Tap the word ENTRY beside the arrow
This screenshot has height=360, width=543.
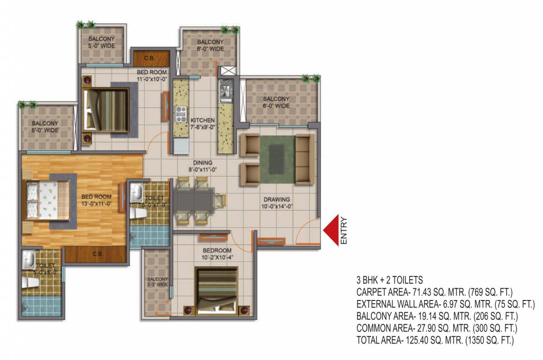tap(344, 230)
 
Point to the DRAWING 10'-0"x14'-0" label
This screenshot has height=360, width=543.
tap(276, 202)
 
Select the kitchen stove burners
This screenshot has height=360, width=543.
tap(180, 113)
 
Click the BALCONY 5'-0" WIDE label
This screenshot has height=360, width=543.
tap(101, 42)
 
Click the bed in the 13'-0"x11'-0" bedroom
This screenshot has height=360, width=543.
tap(47, 200)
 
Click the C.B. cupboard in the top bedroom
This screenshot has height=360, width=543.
tap(149, 59)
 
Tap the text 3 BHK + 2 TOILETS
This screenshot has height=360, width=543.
tap(389, 280)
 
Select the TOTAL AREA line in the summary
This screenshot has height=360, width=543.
tap(435, 341)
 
